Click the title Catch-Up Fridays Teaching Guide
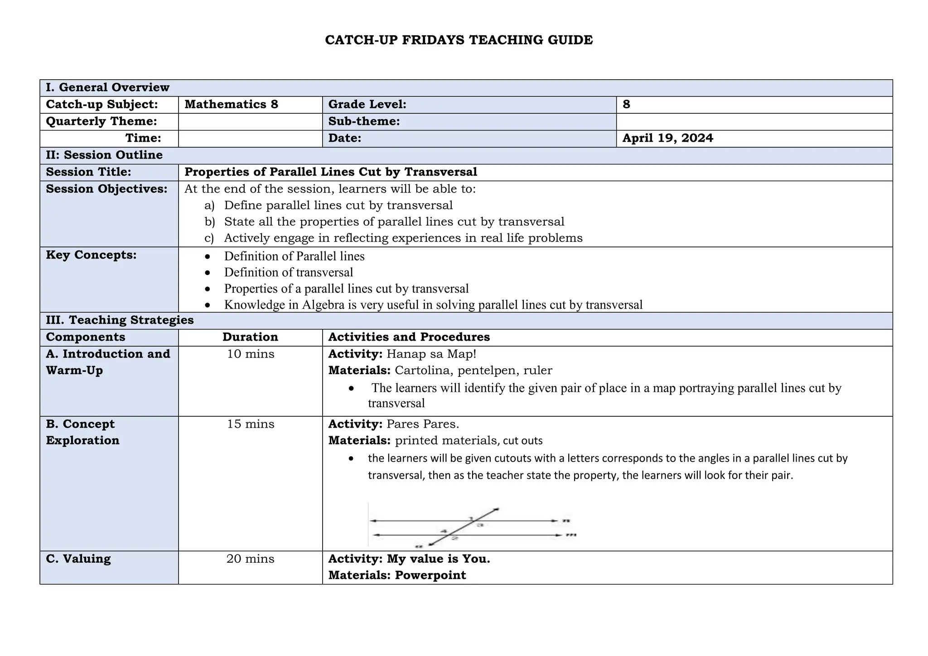(459, 40)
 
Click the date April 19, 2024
(667, 138)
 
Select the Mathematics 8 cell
(231, 105)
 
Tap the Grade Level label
(367, 105)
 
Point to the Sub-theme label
(364, 121)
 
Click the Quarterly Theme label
(101, 121)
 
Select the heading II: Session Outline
(104, 155)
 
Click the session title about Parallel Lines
(331, 172)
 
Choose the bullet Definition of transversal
(288, 272)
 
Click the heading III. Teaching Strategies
(120, 320)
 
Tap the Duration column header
(250, 337)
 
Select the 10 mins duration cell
(250, 354)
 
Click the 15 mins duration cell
(250, 424)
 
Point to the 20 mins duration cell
(250, 559)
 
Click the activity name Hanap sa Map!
(431, 354)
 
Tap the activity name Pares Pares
(422, 424)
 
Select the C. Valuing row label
(78, 559)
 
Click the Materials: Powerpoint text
(397, 575)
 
